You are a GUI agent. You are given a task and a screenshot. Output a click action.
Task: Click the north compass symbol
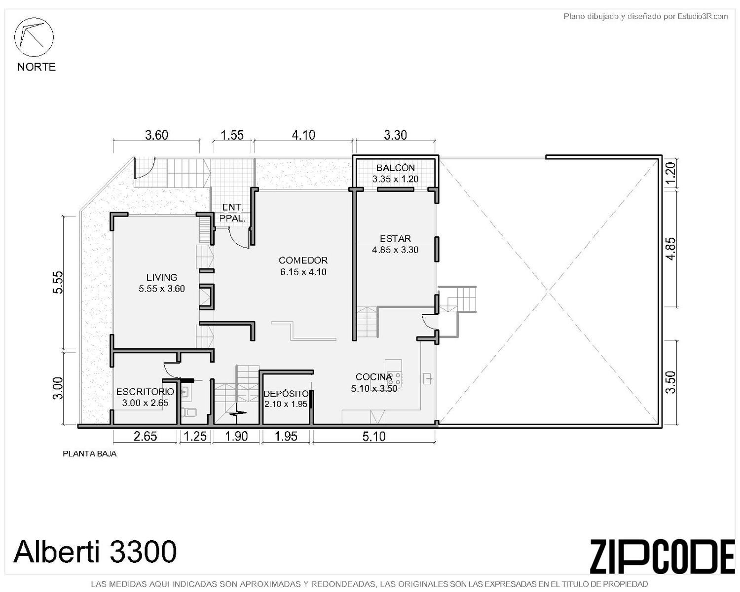click(x=34, y=37)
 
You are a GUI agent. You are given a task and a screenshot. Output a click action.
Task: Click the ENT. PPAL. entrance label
click(x=232, y=213)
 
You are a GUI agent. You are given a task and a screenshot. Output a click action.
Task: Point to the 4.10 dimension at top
click(x=303, y=135)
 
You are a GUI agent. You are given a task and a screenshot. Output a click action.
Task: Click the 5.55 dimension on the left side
click(x=58, y=282)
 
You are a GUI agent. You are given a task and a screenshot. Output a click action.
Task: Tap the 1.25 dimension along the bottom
click(x=195, y=436)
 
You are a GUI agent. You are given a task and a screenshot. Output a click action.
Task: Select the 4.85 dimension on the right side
click(x=670, y=249)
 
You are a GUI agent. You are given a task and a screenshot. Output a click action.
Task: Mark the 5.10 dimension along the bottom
click(x=374, y=436)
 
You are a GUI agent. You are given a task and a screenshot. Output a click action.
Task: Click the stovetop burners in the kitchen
click(x=394, y=378)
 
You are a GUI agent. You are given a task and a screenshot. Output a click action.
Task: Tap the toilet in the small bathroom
click(x=190, y=412)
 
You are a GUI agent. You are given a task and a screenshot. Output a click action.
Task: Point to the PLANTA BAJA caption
click(x=89, y=454)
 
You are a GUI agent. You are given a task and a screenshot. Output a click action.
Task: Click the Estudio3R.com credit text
click(x=645, y=16)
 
